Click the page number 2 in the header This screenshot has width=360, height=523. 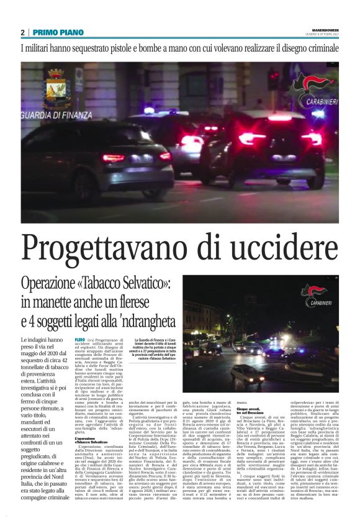pyautogui.click(x=22, y=32)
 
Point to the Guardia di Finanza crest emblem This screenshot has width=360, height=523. pyautogui.click(x=56, y=88)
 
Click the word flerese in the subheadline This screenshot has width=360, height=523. pyautogui.click(x=153, y=303)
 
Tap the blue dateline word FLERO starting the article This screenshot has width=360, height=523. pyautogui.click(x=79, y=340)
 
